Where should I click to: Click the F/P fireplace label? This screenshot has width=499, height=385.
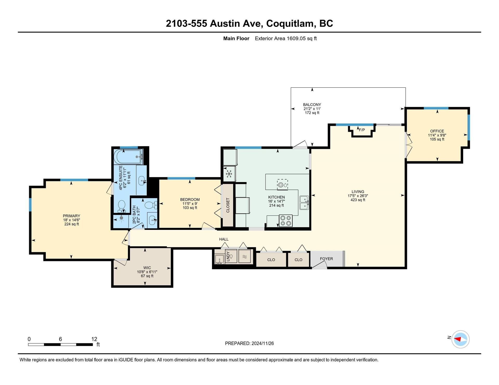point(362,130)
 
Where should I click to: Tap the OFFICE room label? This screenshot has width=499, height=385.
point(437,131)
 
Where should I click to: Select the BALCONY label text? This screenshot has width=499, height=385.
point(312,105)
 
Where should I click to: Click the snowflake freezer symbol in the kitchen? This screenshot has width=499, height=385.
point(229,174)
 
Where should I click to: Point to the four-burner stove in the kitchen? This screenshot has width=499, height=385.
point(286,220)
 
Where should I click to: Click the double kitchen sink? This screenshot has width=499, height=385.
point(304,203)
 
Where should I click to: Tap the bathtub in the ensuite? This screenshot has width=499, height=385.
point(128,157)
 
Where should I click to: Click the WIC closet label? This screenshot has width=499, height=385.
point(147,268)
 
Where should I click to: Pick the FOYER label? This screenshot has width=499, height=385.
point(326,259)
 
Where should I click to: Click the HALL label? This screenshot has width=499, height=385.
point(224,239)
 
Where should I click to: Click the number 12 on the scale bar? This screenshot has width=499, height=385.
point(94,339)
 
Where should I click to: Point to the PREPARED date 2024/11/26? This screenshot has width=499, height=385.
point(263,343)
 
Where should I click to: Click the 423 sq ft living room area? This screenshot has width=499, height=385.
point(358,200)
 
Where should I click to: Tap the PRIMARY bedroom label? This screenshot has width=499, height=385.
point(71,216)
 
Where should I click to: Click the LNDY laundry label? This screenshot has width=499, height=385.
point(228,256)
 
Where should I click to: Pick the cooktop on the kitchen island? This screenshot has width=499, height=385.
point(283,185)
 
